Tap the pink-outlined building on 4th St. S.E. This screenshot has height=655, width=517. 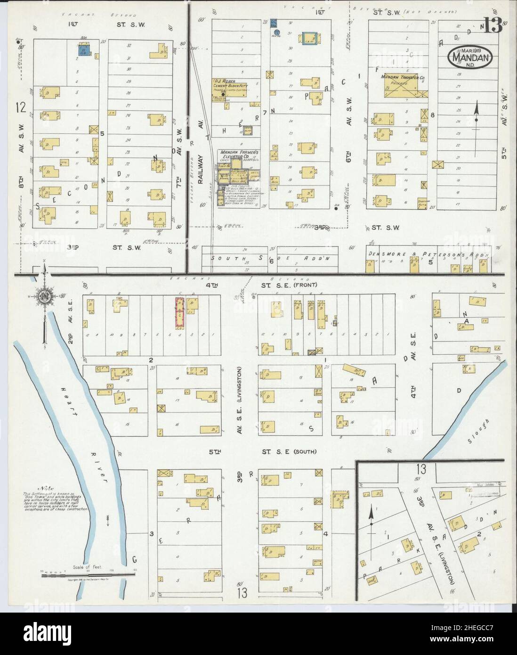[x=179, y=313]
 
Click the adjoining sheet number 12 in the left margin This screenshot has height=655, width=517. [x=19, y=108]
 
